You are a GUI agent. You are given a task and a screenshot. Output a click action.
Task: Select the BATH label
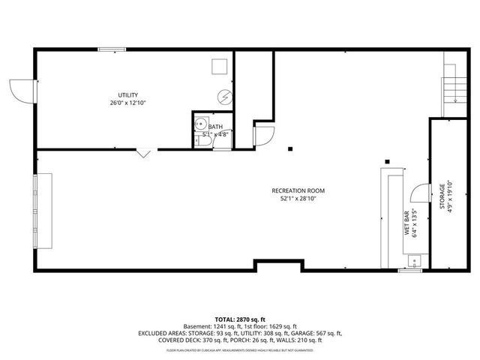pyautogui.click(x=215, y=127)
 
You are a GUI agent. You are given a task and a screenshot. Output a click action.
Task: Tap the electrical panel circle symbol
pyautogui.click(x=224, y=96)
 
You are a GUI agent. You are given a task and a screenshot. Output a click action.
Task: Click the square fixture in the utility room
pyautogui.click(x=218, y=67)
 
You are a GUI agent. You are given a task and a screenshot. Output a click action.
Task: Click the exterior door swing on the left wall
pyautogui.click(x=21, y=91)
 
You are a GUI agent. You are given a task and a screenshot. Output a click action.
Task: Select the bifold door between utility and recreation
pyautogui.click(x=143, y=154)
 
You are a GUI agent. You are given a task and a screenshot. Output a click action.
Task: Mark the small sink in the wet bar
pyautogui.click(x=413, y=261)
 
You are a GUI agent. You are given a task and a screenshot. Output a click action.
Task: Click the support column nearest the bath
pyautogui.click(x=289, y=148)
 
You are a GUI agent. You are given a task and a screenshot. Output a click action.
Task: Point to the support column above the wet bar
pyautogui.click(x=387, y=160)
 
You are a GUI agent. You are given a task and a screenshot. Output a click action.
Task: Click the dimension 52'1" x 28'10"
pyautogui.click(x=298, y=199)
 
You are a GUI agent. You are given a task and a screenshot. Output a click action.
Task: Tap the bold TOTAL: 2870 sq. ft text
pyautogui.click(x=240, y=319)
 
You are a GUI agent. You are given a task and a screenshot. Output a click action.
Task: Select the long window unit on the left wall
pyautogui.click(x=43, y=211)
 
